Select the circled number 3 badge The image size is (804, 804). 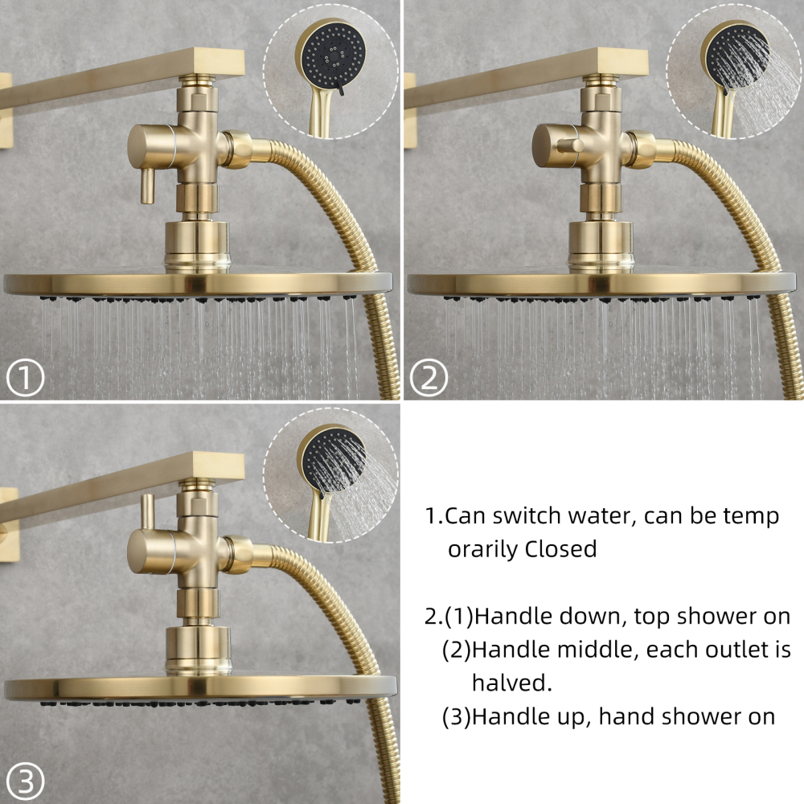[24, 779]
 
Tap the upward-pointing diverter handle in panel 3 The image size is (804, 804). [147, 513]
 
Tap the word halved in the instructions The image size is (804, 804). [511, 683]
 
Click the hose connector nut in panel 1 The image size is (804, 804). [238, 150]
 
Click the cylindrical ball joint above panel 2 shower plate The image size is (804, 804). [599, 245]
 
